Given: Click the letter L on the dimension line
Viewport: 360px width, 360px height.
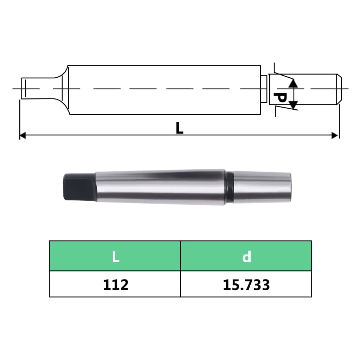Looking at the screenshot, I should point(179,128).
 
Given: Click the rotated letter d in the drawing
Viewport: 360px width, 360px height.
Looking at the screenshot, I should point(279,97).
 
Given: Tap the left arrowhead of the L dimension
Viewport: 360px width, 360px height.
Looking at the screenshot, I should point(22,135).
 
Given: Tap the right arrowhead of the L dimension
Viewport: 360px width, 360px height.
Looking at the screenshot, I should point(335,135).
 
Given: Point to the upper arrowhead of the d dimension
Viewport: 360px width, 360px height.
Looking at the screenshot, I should point(294,83).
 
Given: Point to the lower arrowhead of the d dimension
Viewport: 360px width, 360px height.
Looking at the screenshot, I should point(294,104).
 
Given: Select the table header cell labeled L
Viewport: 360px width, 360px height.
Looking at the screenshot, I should point(115,256).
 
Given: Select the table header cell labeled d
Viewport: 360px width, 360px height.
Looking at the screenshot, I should point(246,256).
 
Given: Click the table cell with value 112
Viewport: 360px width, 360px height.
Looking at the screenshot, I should point(115,284).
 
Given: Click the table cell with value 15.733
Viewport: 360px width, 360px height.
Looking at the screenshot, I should point(246,284).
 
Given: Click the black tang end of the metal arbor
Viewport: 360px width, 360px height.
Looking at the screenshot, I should point(78,186).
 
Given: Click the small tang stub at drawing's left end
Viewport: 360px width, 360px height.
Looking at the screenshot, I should point(24,88).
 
